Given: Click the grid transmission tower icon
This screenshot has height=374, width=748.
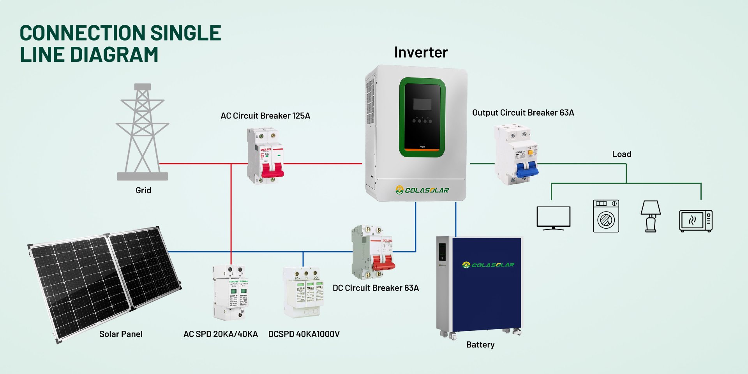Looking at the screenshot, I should click(143, 132).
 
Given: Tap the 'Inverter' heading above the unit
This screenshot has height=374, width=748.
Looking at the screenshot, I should click(421, 52).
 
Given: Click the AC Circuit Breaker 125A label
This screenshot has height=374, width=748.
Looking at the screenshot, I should click(265, 116).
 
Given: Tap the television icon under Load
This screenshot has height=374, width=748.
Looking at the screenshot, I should click(553, 218).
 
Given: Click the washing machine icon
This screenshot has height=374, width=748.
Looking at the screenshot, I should click(606, 216).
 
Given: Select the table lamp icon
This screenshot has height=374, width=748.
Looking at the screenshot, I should click(651, 216).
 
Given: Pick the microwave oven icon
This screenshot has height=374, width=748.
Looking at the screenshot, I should click(696, 221).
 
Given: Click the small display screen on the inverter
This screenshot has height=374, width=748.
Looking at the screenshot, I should click(422, 104).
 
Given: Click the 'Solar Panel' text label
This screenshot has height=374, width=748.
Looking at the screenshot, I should click(121, 334).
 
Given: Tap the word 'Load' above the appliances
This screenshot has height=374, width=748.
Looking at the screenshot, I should click(621, 154).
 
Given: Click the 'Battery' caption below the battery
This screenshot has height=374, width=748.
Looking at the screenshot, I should click(480, 344).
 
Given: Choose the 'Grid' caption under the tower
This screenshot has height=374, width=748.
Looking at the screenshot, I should click(143, 190).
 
